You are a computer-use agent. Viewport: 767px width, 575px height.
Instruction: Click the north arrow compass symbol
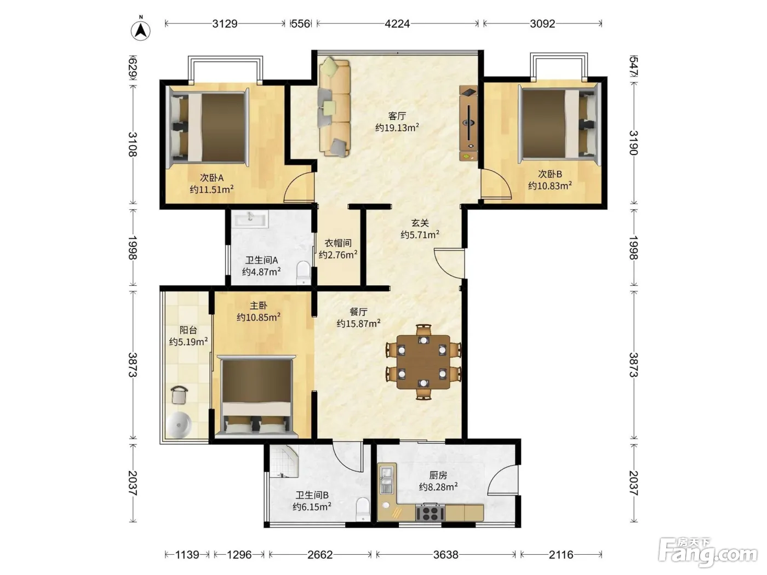pos(140,30)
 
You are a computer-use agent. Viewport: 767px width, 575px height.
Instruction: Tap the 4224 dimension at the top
pos(397,24)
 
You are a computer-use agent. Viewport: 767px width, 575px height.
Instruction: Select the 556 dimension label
pos(301,24)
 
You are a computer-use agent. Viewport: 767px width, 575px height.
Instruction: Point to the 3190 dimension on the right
pos(633,143)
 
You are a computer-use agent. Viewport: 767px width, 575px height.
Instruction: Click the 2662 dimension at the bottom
pos(320,555)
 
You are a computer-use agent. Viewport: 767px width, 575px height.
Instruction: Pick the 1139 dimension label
pos(187,555)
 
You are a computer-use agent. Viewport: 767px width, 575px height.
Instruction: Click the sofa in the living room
pos(334,106)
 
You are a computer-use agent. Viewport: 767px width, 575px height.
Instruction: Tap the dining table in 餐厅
pos(423,362)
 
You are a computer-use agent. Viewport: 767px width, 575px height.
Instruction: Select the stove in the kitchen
pos(430,513)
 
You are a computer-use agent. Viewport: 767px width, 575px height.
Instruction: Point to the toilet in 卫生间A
pos(304,273)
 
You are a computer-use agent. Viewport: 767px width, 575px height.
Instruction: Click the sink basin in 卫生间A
pos(251,219)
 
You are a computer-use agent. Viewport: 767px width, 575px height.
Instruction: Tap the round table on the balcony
pos(179,424)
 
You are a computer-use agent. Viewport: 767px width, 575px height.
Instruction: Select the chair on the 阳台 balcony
pos(179,395)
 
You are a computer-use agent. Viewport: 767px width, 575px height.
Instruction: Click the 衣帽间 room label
pos(338,243)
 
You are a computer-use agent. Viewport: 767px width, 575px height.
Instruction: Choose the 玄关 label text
pos(420,223)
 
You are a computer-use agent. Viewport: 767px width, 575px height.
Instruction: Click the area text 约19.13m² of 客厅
pos(397,128)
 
